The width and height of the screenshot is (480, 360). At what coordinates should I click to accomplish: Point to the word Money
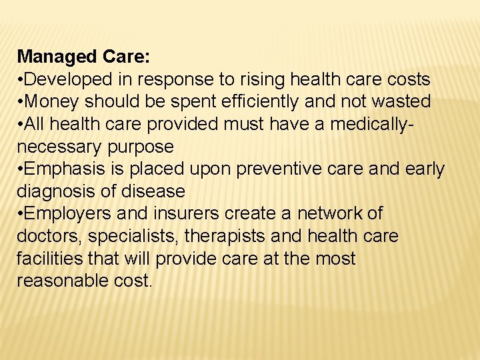[x=52, y=102]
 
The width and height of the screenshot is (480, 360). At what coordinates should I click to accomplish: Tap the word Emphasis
[x=63, y=169]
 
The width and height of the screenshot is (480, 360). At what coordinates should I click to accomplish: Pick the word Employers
[x=67, y=214]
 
